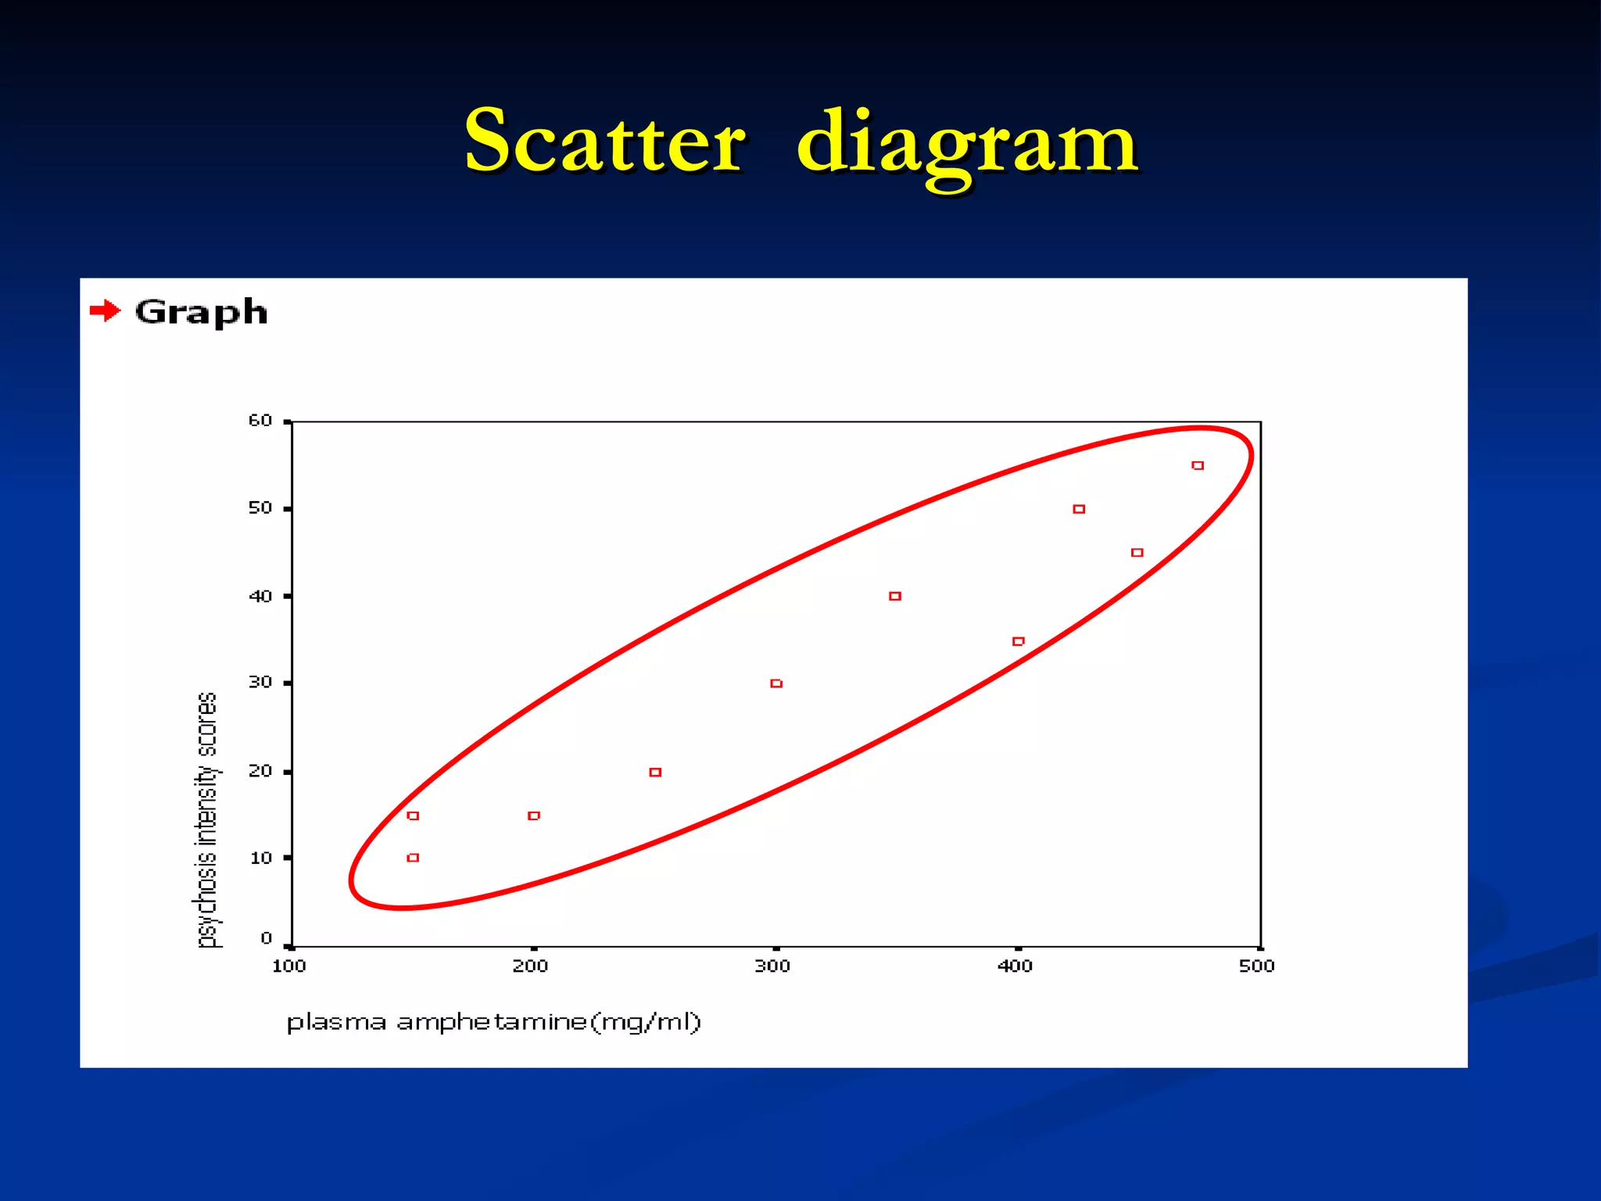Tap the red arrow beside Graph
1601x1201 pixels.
105,311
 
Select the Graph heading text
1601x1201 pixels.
201,313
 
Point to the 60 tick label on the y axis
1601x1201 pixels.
260,421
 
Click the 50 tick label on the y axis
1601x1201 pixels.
260,508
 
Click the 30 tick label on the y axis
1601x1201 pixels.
260,683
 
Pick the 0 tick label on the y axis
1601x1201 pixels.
266,937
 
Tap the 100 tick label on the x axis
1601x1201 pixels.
288,966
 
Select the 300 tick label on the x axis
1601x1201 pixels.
772,966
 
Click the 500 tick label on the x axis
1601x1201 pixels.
1256,966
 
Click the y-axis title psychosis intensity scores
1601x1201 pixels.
206,819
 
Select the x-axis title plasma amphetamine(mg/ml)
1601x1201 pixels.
493,1022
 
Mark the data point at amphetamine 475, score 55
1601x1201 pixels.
1198,465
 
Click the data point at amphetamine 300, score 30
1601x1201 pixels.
776,683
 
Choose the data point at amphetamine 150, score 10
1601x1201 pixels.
414,858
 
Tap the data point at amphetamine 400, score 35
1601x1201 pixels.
1018,641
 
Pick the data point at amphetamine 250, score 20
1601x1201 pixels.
655,773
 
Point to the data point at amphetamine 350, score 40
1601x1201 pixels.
895,597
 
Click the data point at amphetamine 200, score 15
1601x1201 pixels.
534,816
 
